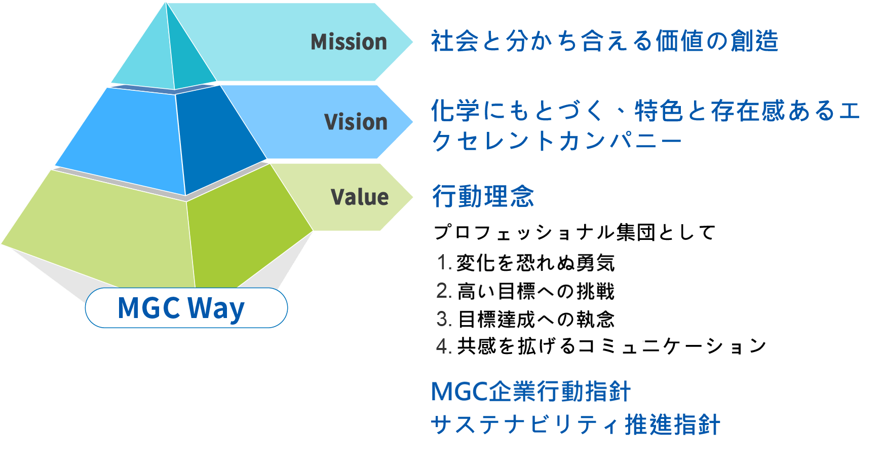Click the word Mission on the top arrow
(349, 42)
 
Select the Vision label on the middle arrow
(356, 122)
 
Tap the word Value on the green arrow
(359, 197)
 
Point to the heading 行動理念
(483, 196)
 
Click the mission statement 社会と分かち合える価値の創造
(604, 41)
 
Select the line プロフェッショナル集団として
(574, 232)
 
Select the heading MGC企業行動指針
(531, 392)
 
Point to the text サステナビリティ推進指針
(575, 425)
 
